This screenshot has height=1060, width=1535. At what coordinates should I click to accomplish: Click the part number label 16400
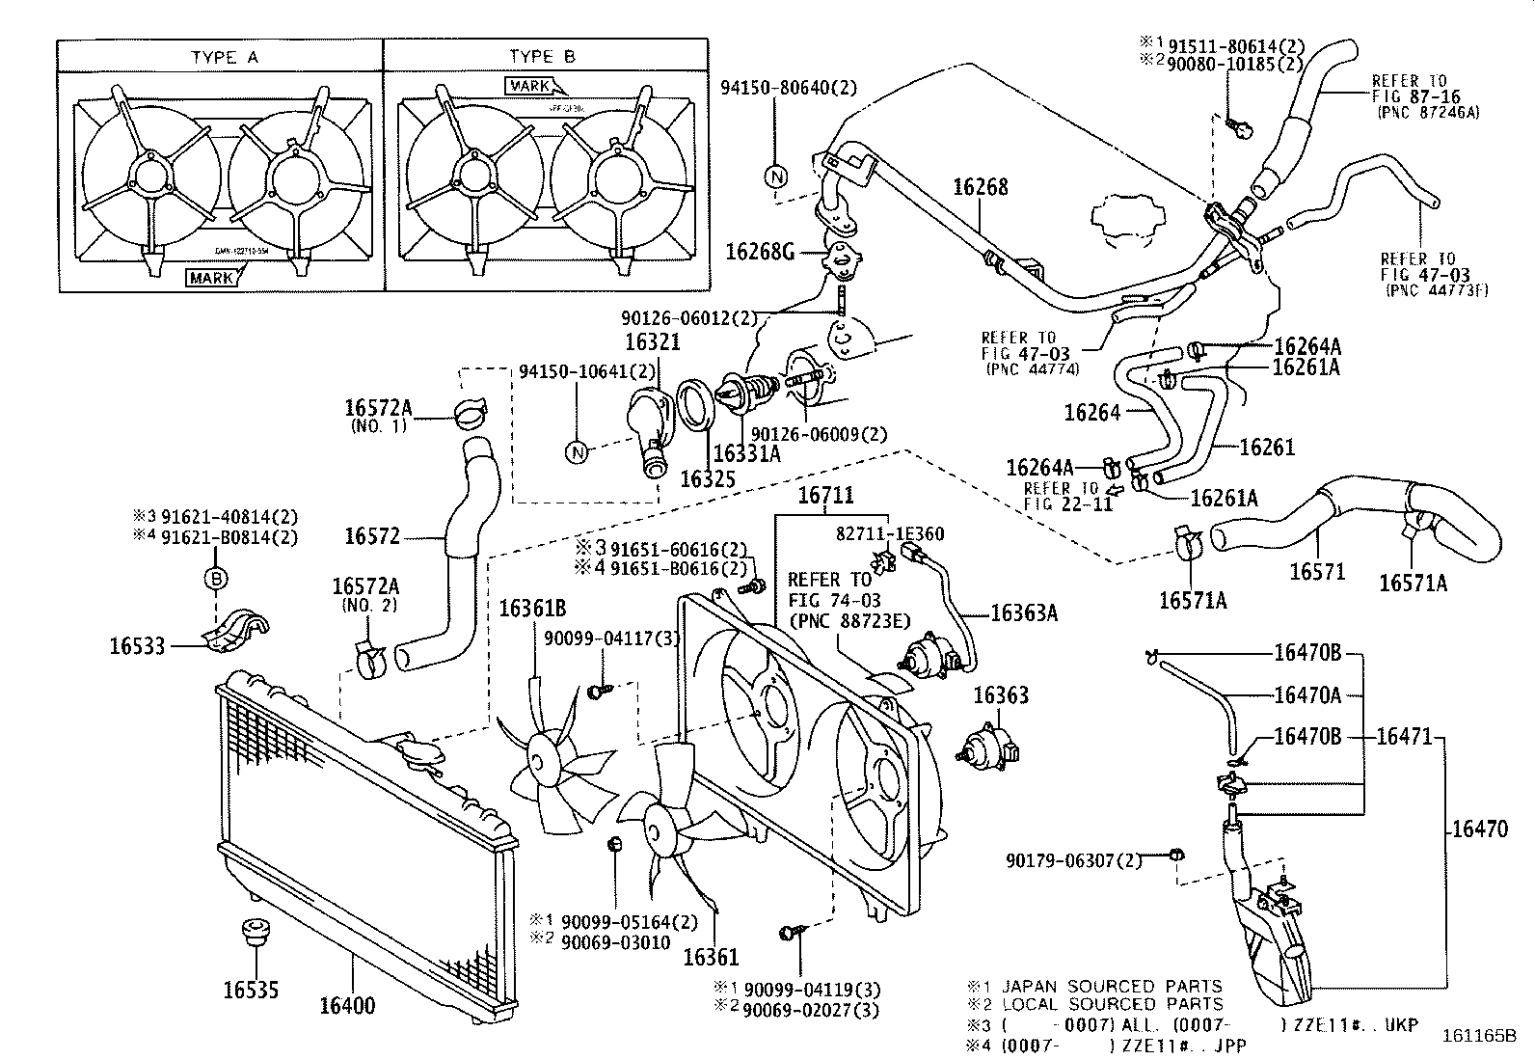coord(347,1006)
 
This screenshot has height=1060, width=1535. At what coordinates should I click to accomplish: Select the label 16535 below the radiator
coord(251,990)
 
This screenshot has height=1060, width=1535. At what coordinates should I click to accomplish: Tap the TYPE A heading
coord(224,57)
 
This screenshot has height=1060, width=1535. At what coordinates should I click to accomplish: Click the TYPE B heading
coord(542,57)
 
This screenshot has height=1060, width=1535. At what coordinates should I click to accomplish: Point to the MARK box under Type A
coord(212,278)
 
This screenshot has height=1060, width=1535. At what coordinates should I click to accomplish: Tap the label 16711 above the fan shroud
coord(825,496)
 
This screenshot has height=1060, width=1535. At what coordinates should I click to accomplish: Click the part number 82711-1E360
coord(889,533)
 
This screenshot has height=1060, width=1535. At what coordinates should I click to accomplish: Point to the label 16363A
coord(1024,612)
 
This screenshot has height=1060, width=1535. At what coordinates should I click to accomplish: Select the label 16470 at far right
coord(1480,828)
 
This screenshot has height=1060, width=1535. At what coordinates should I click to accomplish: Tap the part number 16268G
coord(760,253)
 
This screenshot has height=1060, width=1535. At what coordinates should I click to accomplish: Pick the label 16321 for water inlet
coord(652,342)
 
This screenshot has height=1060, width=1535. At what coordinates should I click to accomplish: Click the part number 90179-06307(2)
coord(1073,859)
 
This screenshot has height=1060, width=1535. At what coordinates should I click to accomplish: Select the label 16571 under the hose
coord(1317,572)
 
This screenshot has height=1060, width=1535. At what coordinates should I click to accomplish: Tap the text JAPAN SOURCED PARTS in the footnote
coord(1112,986)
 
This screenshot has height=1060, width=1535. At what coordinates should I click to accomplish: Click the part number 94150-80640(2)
coord(788,88)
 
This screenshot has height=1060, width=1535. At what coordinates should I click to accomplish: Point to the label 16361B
coord(532,609)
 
